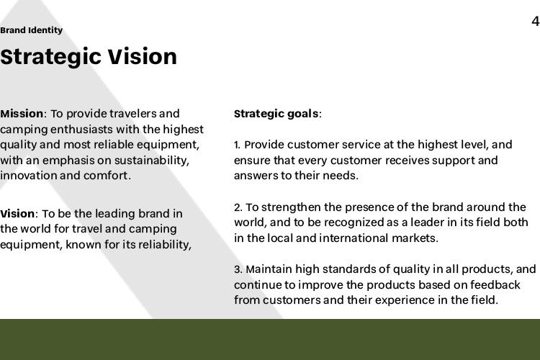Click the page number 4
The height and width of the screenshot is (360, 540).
tap(536, 22)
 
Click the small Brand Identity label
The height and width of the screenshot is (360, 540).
tap(32, 30)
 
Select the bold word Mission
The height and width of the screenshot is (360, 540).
tap(22, 113)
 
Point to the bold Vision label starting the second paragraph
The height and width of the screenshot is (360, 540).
tap(17, 214)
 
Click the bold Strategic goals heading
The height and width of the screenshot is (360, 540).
tap(276, 114)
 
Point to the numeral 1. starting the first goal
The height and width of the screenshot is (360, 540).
tap(238, 145)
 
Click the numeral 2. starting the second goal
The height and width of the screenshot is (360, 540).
tap(238, 207)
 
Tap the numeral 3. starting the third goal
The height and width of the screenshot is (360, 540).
tap(238, 269)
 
